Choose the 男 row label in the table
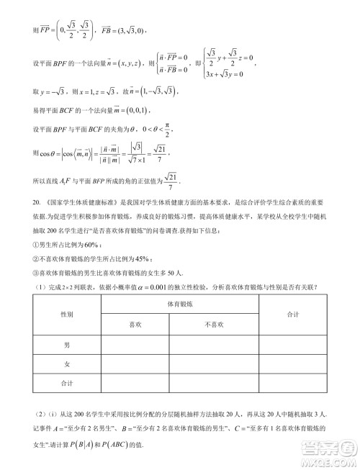[x=66, y=345]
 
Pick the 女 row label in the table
[x=66, y=363]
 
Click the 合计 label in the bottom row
[x=66, y=383]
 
